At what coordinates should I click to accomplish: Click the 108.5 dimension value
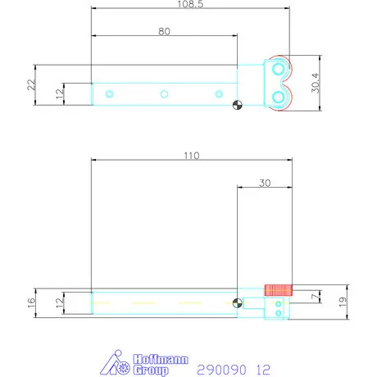coord(190,4)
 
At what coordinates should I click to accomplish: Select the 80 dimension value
coord(164,31)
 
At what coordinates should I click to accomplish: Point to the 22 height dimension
coord(32,84)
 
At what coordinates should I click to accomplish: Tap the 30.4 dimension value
coord(316,83)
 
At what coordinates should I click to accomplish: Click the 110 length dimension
coord(192,156)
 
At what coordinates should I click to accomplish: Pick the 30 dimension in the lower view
coord(265,183)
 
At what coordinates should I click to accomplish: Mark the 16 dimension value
coord(32,302)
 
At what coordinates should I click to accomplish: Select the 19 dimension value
coord(343,302)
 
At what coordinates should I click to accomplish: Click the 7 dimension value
coord(316,297)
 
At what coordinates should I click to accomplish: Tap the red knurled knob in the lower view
coord(279,290)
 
